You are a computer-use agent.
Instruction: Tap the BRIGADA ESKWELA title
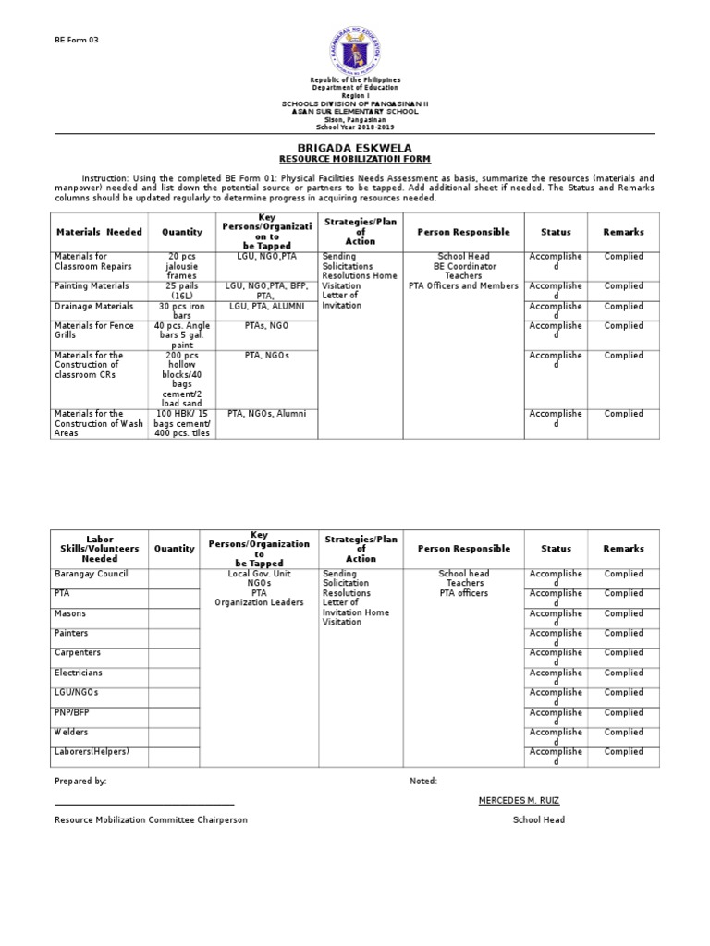point(354,148)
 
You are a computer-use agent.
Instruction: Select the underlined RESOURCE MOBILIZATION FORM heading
point(354,159)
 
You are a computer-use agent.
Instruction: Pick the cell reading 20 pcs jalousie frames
point(181,265)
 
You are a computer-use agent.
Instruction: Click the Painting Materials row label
point(92,286)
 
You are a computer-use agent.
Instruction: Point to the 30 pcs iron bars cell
point(181,310)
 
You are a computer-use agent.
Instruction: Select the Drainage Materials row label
point(93,306)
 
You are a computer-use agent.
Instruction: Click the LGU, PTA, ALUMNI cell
point(264,306)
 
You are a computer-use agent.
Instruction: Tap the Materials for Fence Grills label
point(94,331)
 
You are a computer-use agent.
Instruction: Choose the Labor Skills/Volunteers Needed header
point(99,548)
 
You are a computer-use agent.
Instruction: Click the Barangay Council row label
point(92,574)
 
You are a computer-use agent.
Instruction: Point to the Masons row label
point(70,613)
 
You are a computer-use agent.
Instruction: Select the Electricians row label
point(79,673)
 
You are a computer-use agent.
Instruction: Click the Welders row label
point(72,732)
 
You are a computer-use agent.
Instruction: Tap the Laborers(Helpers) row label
point(92,751)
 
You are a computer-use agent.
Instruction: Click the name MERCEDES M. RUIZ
point(519,800)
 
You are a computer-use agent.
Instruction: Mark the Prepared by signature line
point(144,805)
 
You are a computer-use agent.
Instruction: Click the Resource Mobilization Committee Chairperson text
point(151,819)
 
